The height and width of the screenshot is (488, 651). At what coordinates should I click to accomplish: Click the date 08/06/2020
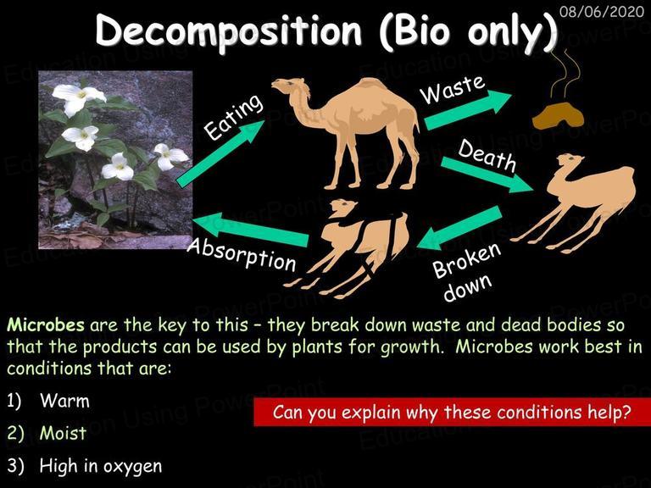pos(602,11)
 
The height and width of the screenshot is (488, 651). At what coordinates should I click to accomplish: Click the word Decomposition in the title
pos(229,32)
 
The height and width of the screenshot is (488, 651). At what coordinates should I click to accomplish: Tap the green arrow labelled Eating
pos(220,153)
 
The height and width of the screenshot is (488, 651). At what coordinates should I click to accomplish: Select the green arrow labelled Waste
pos(468,110)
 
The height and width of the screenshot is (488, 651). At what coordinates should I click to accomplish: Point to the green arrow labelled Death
pos(487,175)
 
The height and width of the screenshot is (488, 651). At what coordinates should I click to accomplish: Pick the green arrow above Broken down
pos(459,228)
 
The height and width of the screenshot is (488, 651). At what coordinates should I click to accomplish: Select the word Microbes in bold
pos(46,324)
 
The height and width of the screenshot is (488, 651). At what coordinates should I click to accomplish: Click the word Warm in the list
pos(64,401)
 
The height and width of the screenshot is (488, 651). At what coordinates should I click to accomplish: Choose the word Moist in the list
pos(63,433)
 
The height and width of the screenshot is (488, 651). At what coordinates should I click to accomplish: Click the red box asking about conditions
pos(452,412)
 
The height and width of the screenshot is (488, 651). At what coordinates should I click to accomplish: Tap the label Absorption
pos(242,255)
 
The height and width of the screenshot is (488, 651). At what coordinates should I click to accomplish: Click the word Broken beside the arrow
pos(467,260)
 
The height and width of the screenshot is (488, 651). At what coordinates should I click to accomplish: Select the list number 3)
pos(16,466)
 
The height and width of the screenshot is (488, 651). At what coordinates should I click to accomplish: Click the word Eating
pos(234,116)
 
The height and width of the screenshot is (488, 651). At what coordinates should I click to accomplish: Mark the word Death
pos(487,155)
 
